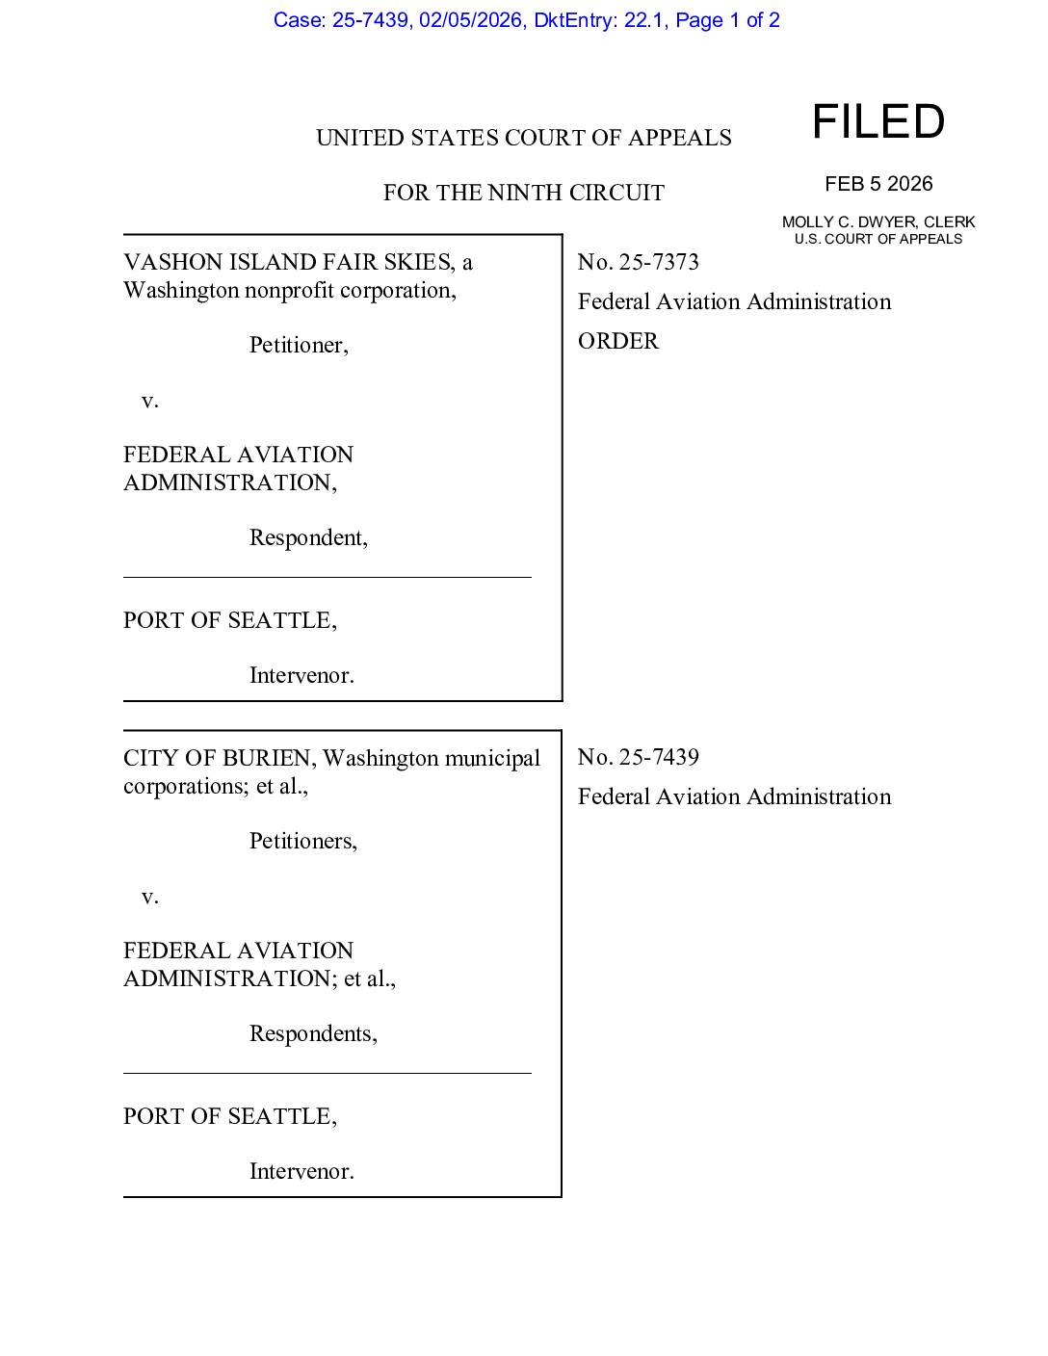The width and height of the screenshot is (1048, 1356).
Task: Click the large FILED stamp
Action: pos(878,122)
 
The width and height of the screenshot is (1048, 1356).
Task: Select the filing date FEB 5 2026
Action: pos(878,184)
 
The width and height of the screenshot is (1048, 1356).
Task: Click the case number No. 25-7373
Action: pos(638,262)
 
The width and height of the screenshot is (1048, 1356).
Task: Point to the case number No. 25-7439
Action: pos(638,757)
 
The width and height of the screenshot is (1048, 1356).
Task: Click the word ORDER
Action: pos(618,341)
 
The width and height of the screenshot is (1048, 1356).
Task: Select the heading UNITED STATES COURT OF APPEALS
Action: pos(523,138)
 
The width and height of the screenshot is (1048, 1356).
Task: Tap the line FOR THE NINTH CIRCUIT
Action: pos(523,193)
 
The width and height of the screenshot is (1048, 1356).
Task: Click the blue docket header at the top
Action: pos(526,20)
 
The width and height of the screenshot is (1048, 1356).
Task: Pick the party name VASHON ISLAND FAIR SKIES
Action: pos(287,262)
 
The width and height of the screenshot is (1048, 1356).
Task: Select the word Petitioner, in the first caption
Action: pos(299,345)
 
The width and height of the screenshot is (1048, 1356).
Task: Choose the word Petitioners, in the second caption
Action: pos(303,841)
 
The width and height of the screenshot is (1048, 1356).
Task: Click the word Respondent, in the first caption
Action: pos(308,537)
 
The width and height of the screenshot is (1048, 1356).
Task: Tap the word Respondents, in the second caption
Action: pos(313,1033)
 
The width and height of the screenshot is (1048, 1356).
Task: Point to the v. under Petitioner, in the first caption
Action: pos(149,401)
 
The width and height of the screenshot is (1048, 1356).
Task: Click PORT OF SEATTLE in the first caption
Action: pos(229,620)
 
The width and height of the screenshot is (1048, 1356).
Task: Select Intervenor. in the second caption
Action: pos(301,1171)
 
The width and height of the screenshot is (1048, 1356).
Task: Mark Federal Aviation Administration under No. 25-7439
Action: pos(734,796)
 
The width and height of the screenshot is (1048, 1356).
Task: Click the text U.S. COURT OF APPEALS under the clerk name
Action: pos(878,239)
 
